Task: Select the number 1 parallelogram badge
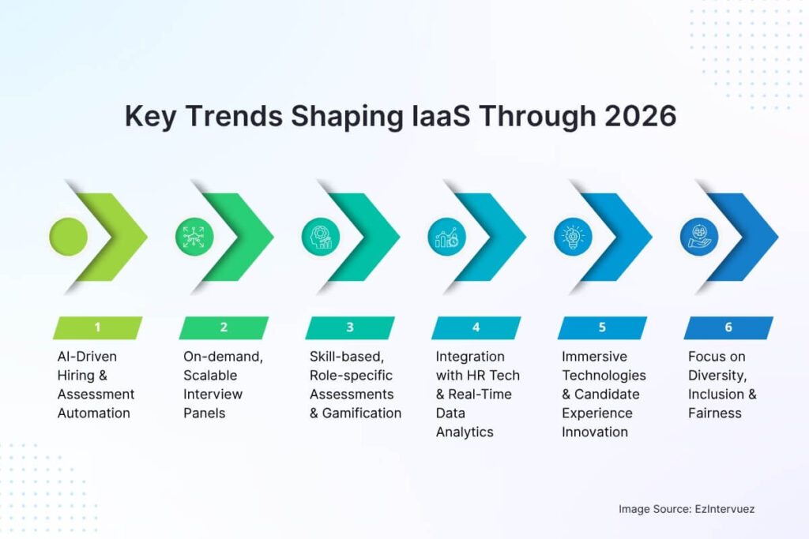coord(97,328)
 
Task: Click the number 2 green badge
coord(224,328)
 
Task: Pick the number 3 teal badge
coord(350,328)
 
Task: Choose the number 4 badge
coord(476,328)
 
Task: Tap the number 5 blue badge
coord(602,328)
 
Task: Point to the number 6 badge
coord(728,328)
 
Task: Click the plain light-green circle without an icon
coord(68,236)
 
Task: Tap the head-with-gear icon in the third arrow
coord(321,236)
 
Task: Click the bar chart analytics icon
coord(446,236)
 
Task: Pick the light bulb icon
coord(573,236)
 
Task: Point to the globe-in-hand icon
coord(699,236)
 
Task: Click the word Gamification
coord(363,413)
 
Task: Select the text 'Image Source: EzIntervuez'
coord(687,509)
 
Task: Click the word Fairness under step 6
coord(715,413)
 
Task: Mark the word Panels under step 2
coord(205,413)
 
